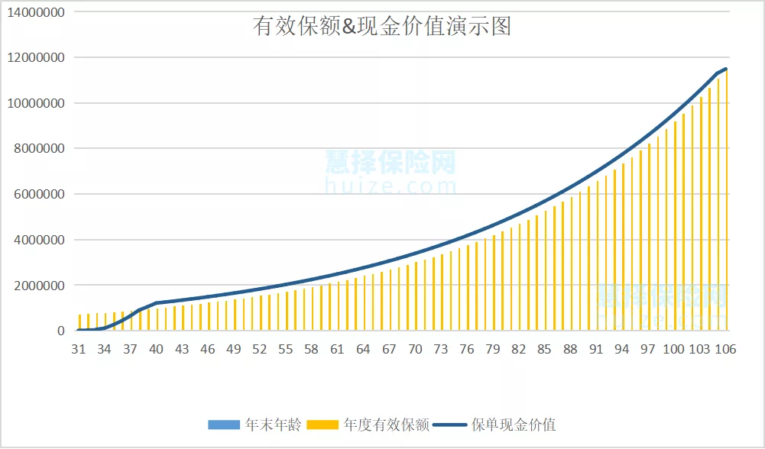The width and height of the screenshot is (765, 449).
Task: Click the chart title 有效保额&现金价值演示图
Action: (381, 27)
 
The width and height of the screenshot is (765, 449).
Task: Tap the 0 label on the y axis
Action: (61, 331)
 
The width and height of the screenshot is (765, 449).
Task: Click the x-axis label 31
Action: (79, 349)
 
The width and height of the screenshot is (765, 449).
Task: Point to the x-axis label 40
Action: (157, 349)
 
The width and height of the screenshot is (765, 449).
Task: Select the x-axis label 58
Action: (312, 349)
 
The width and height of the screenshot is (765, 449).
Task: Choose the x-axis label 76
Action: (467, 349)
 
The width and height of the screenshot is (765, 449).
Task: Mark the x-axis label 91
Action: (597, 349)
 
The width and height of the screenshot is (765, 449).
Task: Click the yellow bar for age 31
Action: (79, 323)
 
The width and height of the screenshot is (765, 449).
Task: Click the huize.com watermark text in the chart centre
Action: (391, 186)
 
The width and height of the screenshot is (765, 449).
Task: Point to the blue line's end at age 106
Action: (727, 69)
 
